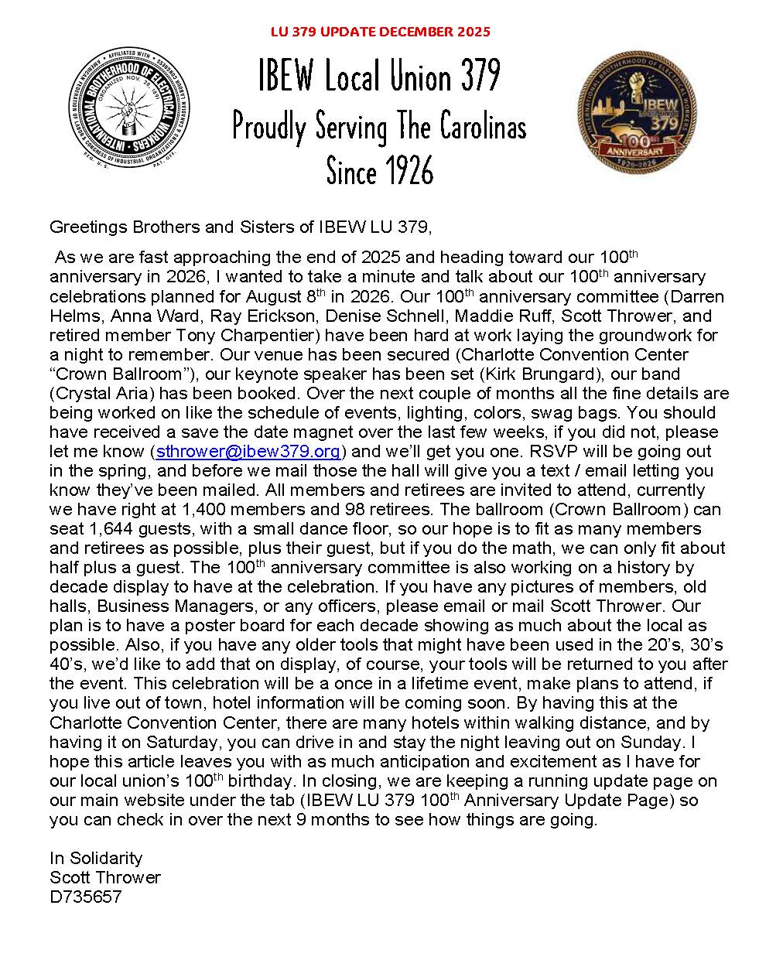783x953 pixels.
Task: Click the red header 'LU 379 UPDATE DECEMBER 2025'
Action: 380,32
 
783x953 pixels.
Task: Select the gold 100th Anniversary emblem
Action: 636,113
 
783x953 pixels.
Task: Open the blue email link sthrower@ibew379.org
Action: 248,452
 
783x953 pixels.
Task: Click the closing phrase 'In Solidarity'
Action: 96,858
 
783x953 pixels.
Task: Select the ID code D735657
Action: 86,897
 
